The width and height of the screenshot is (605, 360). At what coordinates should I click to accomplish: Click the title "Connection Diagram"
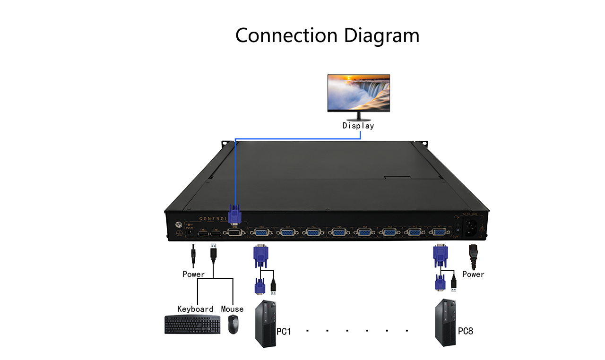click(327, 36)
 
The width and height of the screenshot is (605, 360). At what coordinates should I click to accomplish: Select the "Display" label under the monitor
click(358, 126)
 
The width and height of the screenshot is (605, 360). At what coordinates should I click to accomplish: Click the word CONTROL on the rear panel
click(213, 219)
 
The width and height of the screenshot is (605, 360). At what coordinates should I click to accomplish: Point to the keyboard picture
click(192, 325)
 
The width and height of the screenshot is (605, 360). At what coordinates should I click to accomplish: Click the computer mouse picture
click(233, 325)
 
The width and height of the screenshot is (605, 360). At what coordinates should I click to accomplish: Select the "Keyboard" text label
click(195, 309)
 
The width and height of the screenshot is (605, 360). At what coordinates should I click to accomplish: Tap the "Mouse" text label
click(232, 309)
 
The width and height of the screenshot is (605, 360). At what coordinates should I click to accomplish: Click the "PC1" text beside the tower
click(284, 331)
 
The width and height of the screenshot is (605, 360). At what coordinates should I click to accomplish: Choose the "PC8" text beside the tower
click(465, 331)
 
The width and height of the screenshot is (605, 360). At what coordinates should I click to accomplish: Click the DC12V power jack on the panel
click(189, 232)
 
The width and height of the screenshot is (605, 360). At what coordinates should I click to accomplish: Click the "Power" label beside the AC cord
click(473, 274)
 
